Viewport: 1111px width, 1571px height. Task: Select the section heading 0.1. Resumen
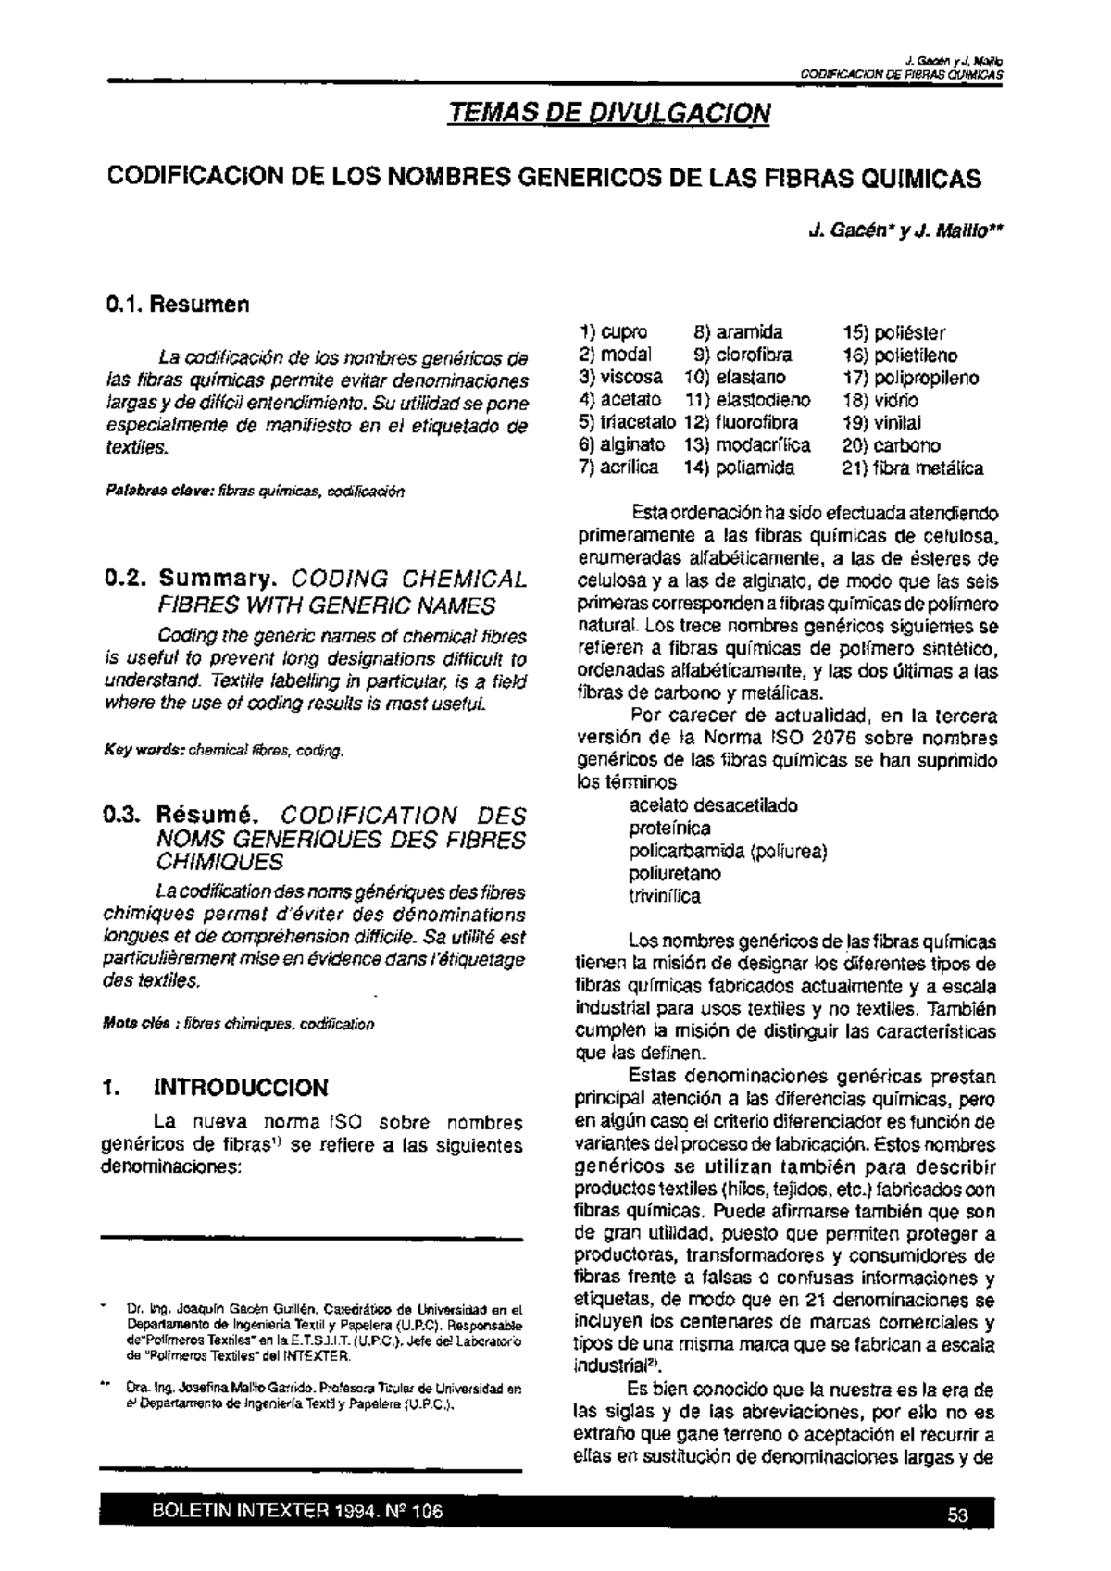click(178, 304)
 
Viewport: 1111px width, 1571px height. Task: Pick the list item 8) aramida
click(739, 332)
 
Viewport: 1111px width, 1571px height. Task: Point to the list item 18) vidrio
click(880, 401)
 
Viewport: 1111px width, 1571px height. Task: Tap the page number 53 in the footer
click(957, 1515)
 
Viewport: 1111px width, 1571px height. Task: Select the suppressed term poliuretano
click(675, 874)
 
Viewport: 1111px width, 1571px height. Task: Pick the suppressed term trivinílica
click(665, 896)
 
